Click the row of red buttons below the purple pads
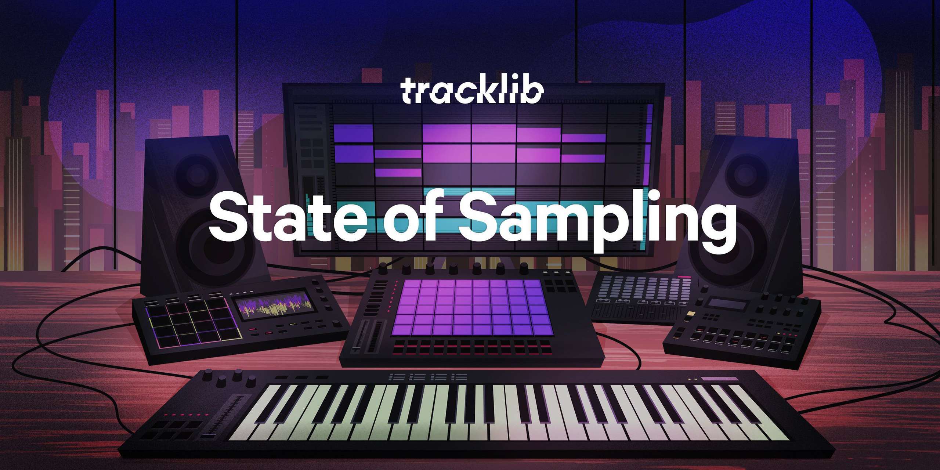tap(472, 347)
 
